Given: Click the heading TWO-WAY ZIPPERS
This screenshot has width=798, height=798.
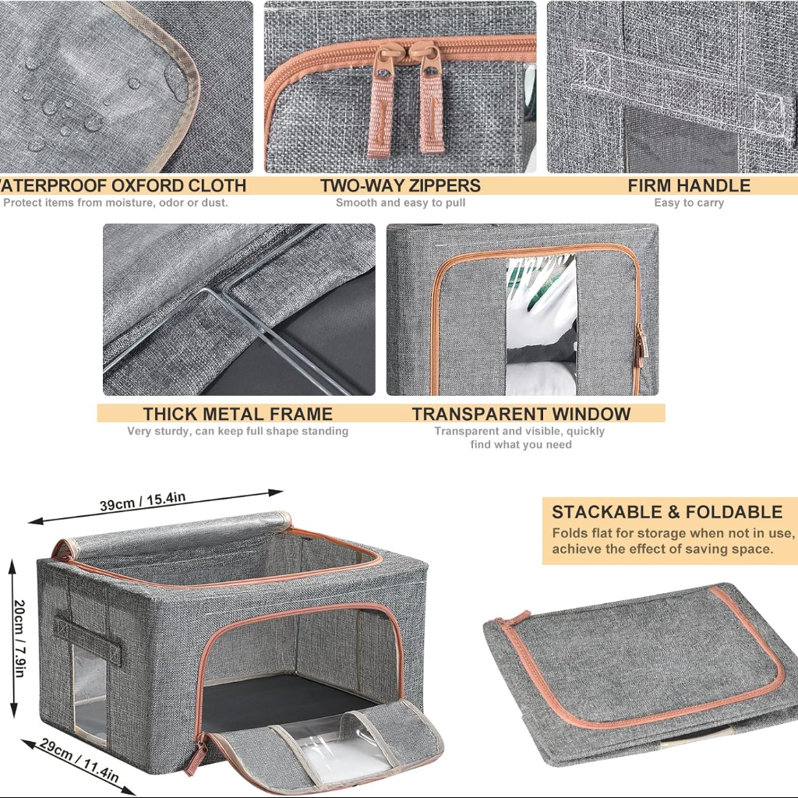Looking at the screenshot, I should (x=400, y=185).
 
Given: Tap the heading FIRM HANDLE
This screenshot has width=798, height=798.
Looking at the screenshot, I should (x=689, y=185).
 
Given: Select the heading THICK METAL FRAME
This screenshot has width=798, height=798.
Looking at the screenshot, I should (x=238, y=414).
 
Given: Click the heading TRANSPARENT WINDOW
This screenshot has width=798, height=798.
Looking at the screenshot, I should (x=521, y=414).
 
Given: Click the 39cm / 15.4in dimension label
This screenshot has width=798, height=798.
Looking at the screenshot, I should (x=143, y=500).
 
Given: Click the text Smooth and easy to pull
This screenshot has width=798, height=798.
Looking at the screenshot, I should (x=401, y=203).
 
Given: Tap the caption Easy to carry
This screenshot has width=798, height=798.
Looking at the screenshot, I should (x=689, y=203).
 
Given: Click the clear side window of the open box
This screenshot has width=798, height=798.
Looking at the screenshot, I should (x=90, y=694).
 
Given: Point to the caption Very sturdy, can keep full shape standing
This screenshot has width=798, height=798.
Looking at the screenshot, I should (x=238, y=431).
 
